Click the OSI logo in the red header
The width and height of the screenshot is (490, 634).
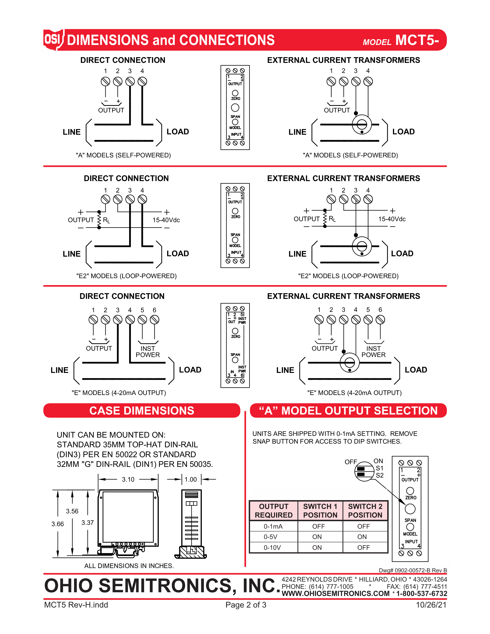tap(53, 39)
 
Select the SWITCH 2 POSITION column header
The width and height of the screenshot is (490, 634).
tap(365, 511)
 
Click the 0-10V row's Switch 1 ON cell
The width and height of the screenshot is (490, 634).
tap(317, 548)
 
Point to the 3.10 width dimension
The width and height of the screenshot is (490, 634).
tap(128, 479)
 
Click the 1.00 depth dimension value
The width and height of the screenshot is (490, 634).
tap(191, 479)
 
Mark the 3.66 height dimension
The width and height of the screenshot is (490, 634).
tap(57, 524)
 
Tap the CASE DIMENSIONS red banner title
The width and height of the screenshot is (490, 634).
tap(142, 411)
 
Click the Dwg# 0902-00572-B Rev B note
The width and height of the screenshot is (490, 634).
tap(413, 570)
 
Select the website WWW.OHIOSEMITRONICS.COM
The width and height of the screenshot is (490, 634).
tap(336, 594)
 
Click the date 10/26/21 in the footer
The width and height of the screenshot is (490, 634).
tap(431, 605)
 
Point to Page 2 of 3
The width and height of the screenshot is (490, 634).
tap(246, 605)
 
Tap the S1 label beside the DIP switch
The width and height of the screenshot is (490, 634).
tap(379, 468)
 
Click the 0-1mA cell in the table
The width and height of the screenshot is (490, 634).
tap(273, 526)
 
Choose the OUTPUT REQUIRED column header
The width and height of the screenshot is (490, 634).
tap(273, 511)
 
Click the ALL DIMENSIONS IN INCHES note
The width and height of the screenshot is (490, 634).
tap(129, 566)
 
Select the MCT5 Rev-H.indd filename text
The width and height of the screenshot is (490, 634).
tap(76, 605)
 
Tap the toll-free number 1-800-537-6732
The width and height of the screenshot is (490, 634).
tap(421, 594)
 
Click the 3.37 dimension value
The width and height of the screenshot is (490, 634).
tap(87, 523)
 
